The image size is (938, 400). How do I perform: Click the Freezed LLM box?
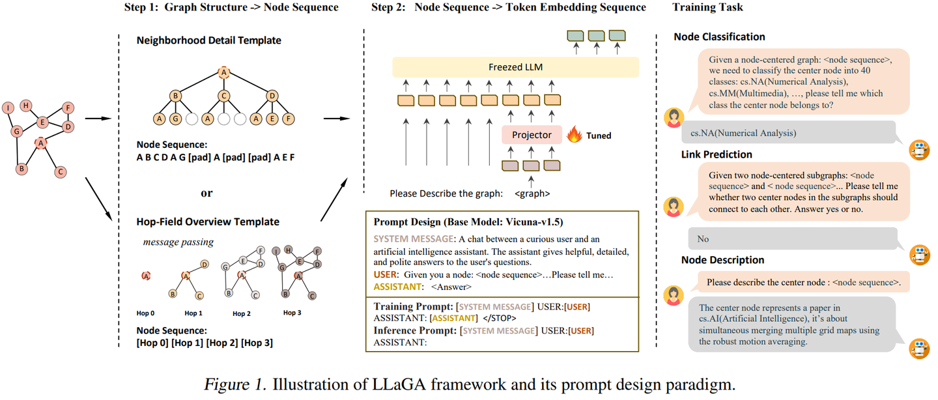(x=515, y=67)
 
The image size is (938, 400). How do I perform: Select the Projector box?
(x=532, y=136)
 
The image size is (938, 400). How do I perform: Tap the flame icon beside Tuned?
(x=575, y=135)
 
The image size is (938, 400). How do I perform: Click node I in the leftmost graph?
(x=8, y=108)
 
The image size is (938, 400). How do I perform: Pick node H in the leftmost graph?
(x=26, y=106)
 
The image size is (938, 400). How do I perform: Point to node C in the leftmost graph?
(x=61, y=172)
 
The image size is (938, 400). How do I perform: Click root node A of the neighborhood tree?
(x=224, y=72)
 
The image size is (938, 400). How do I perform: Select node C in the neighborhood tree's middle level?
(x=224, y=96)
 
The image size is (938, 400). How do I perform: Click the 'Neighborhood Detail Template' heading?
(x=208, y=40)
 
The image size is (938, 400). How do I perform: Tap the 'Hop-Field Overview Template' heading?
(x=207, y=221)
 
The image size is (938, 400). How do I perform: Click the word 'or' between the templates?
(x=206, y=193)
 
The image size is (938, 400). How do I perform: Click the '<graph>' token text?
(x=532, y=193)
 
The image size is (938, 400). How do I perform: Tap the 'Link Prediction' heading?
(x=717, y=154)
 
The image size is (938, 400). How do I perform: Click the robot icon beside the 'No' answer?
(x=918, y=255)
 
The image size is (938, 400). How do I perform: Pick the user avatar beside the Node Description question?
(x=673, y=296)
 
